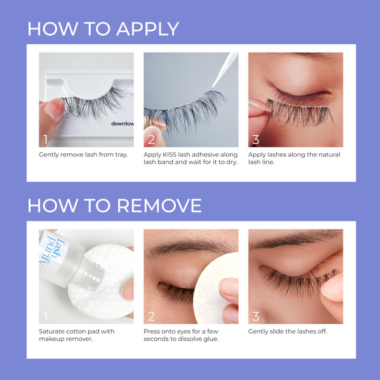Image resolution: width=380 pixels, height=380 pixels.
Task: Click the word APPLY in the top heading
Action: pos(148,29)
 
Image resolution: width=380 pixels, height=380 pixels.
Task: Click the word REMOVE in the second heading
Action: pos(158,205)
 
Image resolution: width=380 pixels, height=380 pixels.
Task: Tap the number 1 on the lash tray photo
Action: pos(46,139)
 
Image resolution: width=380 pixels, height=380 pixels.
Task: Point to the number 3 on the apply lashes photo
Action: pos(256,139)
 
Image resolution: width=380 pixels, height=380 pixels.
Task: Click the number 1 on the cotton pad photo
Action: pos(46,316)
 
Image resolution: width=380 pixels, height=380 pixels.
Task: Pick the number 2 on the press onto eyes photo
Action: pos(152,316)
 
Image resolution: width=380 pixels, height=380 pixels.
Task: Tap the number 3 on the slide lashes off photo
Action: pos(256,316)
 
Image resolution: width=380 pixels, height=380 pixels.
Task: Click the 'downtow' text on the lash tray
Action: pos(122,124)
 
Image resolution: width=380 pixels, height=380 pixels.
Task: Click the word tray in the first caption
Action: pos(120,155)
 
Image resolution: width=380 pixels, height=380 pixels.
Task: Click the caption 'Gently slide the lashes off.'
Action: pos(287,332)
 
